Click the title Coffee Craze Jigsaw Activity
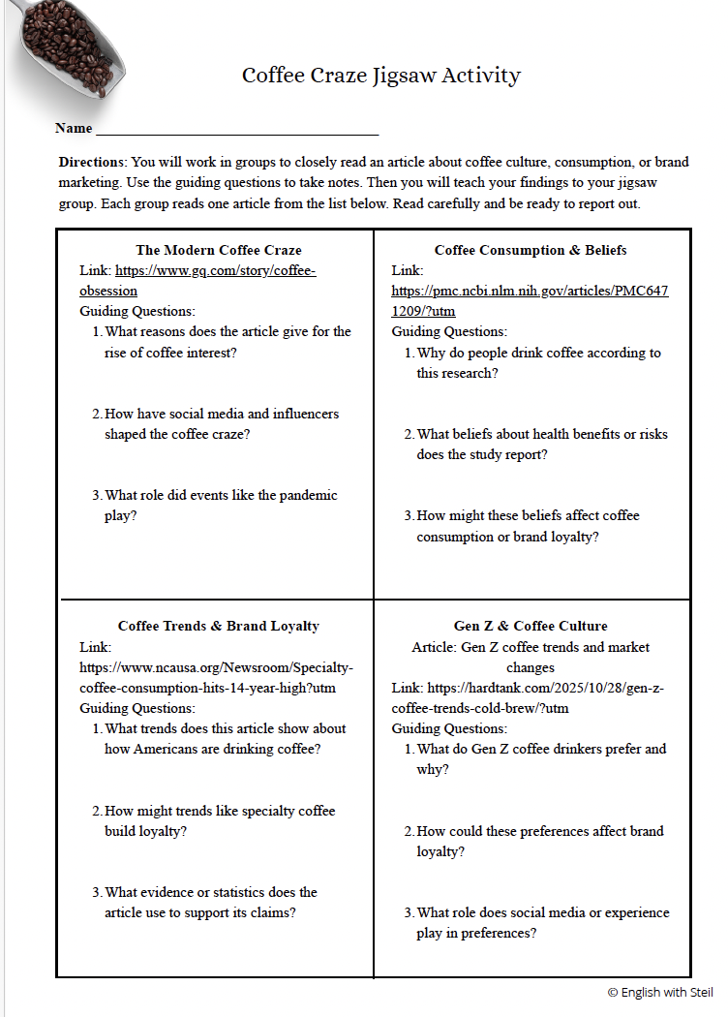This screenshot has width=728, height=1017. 381,76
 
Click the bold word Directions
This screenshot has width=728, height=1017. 92,162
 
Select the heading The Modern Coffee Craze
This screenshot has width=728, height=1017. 219,250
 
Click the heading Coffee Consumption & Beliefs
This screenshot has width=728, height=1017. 531,250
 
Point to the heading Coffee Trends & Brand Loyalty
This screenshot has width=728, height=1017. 219,626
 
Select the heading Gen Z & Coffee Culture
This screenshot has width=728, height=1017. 531,626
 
